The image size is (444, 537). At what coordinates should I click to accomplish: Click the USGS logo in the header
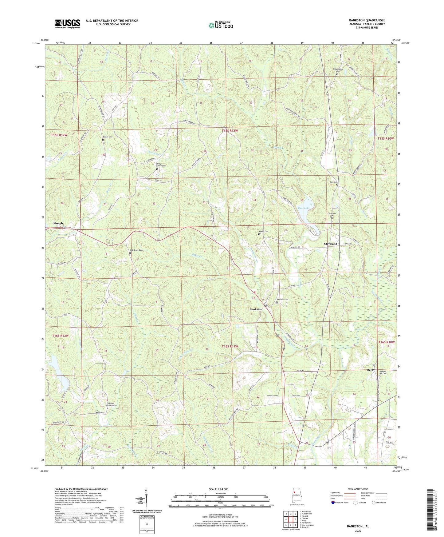(68, 23)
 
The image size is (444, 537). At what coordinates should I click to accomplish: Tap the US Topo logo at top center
(221, 25)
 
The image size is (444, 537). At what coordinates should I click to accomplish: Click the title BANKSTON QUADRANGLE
(367, 20)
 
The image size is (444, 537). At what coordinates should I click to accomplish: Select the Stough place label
(58, 223)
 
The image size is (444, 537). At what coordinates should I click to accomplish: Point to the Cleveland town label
(331, 244)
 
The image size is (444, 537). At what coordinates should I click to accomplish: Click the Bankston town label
(256, 309)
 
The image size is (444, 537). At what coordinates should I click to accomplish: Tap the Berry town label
(371, 370)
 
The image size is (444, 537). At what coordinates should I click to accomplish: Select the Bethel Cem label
(107, 137)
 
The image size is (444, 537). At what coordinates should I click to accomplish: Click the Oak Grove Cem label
(137, 250)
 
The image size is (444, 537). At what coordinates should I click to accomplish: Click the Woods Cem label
(264, 231)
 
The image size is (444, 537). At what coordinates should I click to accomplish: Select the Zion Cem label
(334, 182)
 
